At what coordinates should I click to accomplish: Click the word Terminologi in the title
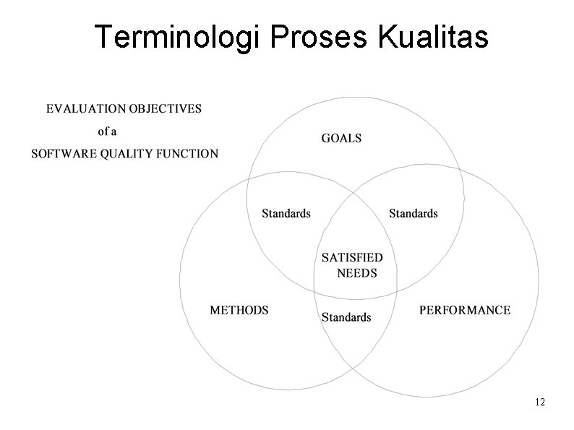[x=174, y=37]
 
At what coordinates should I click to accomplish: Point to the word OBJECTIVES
[x=166, y=109]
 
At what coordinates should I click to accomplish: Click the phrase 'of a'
[x=107, y=132]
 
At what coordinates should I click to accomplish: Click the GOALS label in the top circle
[x=341, y=138]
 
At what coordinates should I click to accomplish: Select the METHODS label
[x=239, y=310]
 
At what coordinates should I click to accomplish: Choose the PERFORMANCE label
[x=465, y=310]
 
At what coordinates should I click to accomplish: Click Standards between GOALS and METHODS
[x=286, y=213]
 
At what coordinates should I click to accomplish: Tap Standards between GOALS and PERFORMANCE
[x=413, y=213]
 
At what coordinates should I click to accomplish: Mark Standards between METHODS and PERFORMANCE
[x=346, y=317]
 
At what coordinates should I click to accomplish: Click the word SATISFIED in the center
[x=352, y=257]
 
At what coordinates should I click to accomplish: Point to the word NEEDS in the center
[x=357, y=273]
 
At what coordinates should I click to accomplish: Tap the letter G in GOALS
[x=326, y=138]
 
